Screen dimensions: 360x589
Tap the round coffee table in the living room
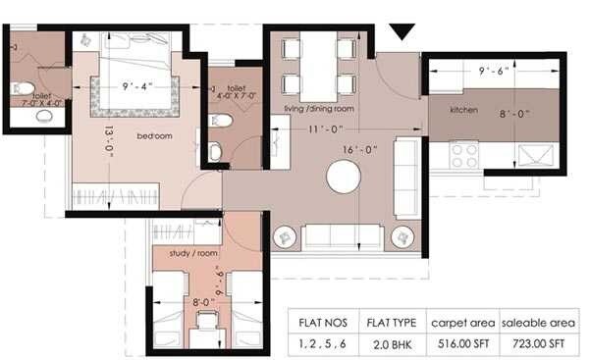(344, 178)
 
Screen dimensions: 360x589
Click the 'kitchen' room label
(463, 110)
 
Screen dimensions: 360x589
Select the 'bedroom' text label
(154, 135)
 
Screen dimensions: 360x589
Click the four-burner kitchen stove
(462, 155)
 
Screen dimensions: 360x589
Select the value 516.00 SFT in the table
(461, 344)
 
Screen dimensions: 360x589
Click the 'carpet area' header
(461, 323)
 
